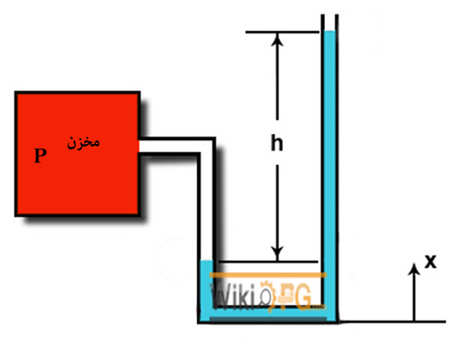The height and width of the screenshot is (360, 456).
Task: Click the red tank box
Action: click(78, 182)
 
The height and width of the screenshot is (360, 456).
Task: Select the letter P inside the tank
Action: click(39, 156)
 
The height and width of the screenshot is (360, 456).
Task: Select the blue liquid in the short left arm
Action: click(205, 283)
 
